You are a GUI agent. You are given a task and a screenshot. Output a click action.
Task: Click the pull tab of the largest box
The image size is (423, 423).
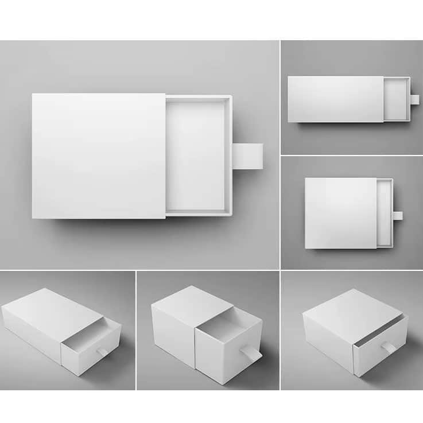[x=248, y=156]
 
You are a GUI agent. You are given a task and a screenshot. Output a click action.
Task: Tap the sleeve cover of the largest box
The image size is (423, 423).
[x=98, y=156]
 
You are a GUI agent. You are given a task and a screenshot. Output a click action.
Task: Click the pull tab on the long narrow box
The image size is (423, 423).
[x=414, y=99]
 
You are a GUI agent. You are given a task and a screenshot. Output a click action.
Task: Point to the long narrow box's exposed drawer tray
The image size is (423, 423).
[x=395, y=99]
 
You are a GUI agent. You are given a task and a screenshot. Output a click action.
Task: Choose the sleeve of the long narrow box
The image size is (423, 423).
[x=335, y=99]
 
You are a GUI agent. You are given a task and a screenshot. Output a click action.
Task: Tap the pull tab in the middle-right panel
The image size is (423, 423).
[x=397, y=216]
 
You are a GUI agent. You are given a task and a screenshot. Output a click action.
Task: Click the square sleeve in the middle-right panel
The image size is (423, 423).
[x=340, y=213]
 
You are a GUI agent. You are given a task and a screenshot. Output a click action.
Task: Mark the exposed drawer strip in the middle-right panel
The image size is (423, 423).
[x=384, y=213]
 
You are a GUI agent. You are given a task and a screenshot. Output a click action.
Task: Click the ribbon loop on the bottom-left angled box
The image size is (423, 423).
[x=101, y=351]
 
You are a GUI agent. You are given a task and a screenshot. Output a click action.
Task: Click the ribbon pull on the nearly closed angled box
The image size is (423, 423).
[x=389, y=348]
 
